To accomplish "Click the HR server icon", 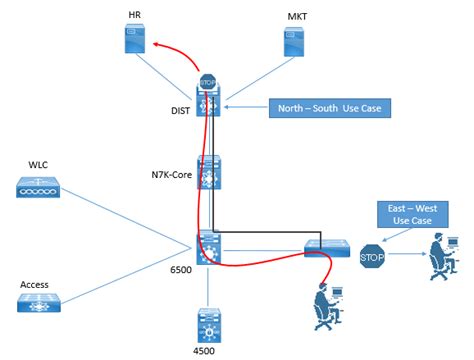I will pos(133,41).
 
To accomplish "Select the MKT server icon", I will pos(297,41).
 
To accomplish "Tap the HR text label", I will pos(134,16).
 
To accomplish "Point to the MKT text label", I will pos(297,16).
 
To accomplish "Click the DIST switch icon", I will pos(209,105).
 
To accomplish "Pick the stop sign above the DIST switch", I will pos(208,83).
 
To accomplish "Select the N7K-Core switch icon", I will pos(209,174).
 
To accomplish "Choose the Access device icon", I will pos(39,303).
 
